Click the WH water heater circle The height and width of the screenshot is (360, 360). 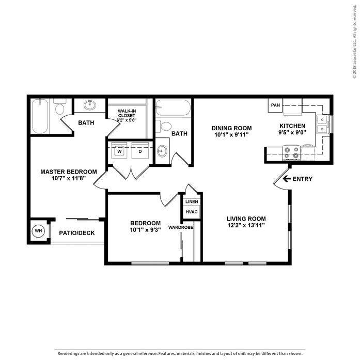point(38,230)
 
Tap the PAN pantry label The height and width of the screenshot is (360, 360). point(275,105)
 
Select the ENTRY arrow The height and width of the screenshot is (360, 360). point(287,179)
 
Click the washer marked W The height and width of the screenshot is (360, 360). point(119,150)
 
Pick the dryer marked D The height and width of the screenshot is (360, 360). point(140,150)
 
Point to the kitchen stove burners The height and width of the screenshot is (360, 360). point(292,153)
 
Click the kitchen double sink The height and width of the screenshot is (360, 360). point(322,124)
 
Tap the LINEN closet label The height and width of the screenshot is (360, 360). point(192,201)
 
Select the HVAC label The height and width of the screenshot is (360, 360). point(192,212)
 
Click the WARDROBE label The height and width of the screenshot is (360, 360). point(181,227)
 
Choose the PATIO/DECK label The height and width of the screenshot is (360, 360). point(77,233)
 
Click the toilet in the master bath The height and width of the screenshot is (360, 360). point(60,106)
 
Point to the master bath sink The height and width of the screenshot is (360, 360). point(89,105)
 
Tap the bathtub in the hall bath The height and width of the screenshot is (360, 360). point(173,107)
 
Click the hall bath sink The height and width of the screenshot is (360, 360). point(162,151)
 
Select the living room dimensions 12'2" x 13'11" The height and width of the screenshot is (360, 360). point(246,225)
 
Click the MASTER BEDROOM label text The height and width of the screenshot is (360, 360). point(69,171)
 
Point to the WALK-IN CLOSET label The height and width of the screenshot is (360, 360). point(127,113)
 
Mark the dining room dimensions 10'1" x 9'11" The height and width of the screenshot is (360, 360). point(231,134)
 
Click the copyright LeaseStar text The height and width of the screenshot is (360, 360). point(355,41)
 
